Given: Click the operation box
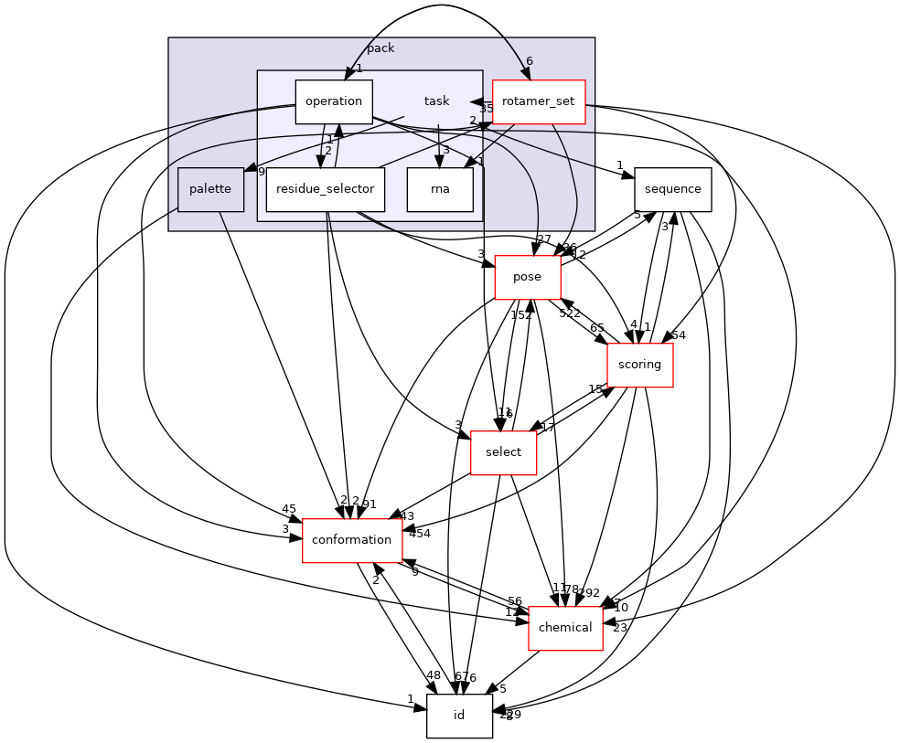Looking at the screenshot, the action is pyautogui.click(x=333, y=101).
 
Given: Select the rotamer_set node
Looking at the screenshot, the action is pyautogui.click(x=538, y=101).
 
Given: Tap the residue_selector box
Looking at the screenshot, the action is pyautogui.click(x=325, y=189).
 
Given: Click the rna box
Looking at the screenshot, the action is pyautogui.click(x=440, y=189).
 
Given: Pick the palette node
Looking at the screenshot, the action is pyautogui.click(x=210, y=189).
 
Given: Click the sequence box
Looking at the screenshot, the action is pyautogui.click(x=672, y=189).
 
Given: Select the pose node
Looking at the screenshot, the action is pyautogui.click(x=527, y=277).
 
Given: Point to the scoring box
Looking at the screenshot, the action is pyautogui.click(x=639, y=365).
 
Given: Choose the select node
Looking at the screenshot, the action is pyautogui.click(x=503, y=452).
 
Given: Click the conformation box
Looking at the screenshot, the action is pyautogui.click(x=351, y=540).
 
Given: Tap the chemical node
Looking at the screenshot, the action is pyautogui.click(x=565, y=628).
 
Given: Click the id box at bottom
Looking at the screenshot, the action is pyautogui.click(x=459, y=716).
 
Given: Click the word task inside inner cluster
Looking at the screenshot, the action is pyautogui.click(x=436, y=101).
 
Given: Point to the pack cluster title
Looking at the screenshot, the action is pyautogui.click(x=380, y=48).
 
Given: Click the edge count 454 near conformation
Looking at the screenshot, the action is pyautogui.click(x=419, y=533).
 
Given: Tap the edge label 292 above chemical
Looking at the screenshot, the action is pyautogui.click(x=589, y=592).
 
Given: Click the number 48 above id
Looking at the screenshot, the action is pyautogui.click(x=433, y=675).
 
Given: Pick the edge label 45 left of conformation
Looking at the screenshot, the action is pyautogui.click(x=289, y=509).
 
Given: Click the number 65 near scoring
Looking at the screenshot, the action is pyautogui.click(x=597, y=327).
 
